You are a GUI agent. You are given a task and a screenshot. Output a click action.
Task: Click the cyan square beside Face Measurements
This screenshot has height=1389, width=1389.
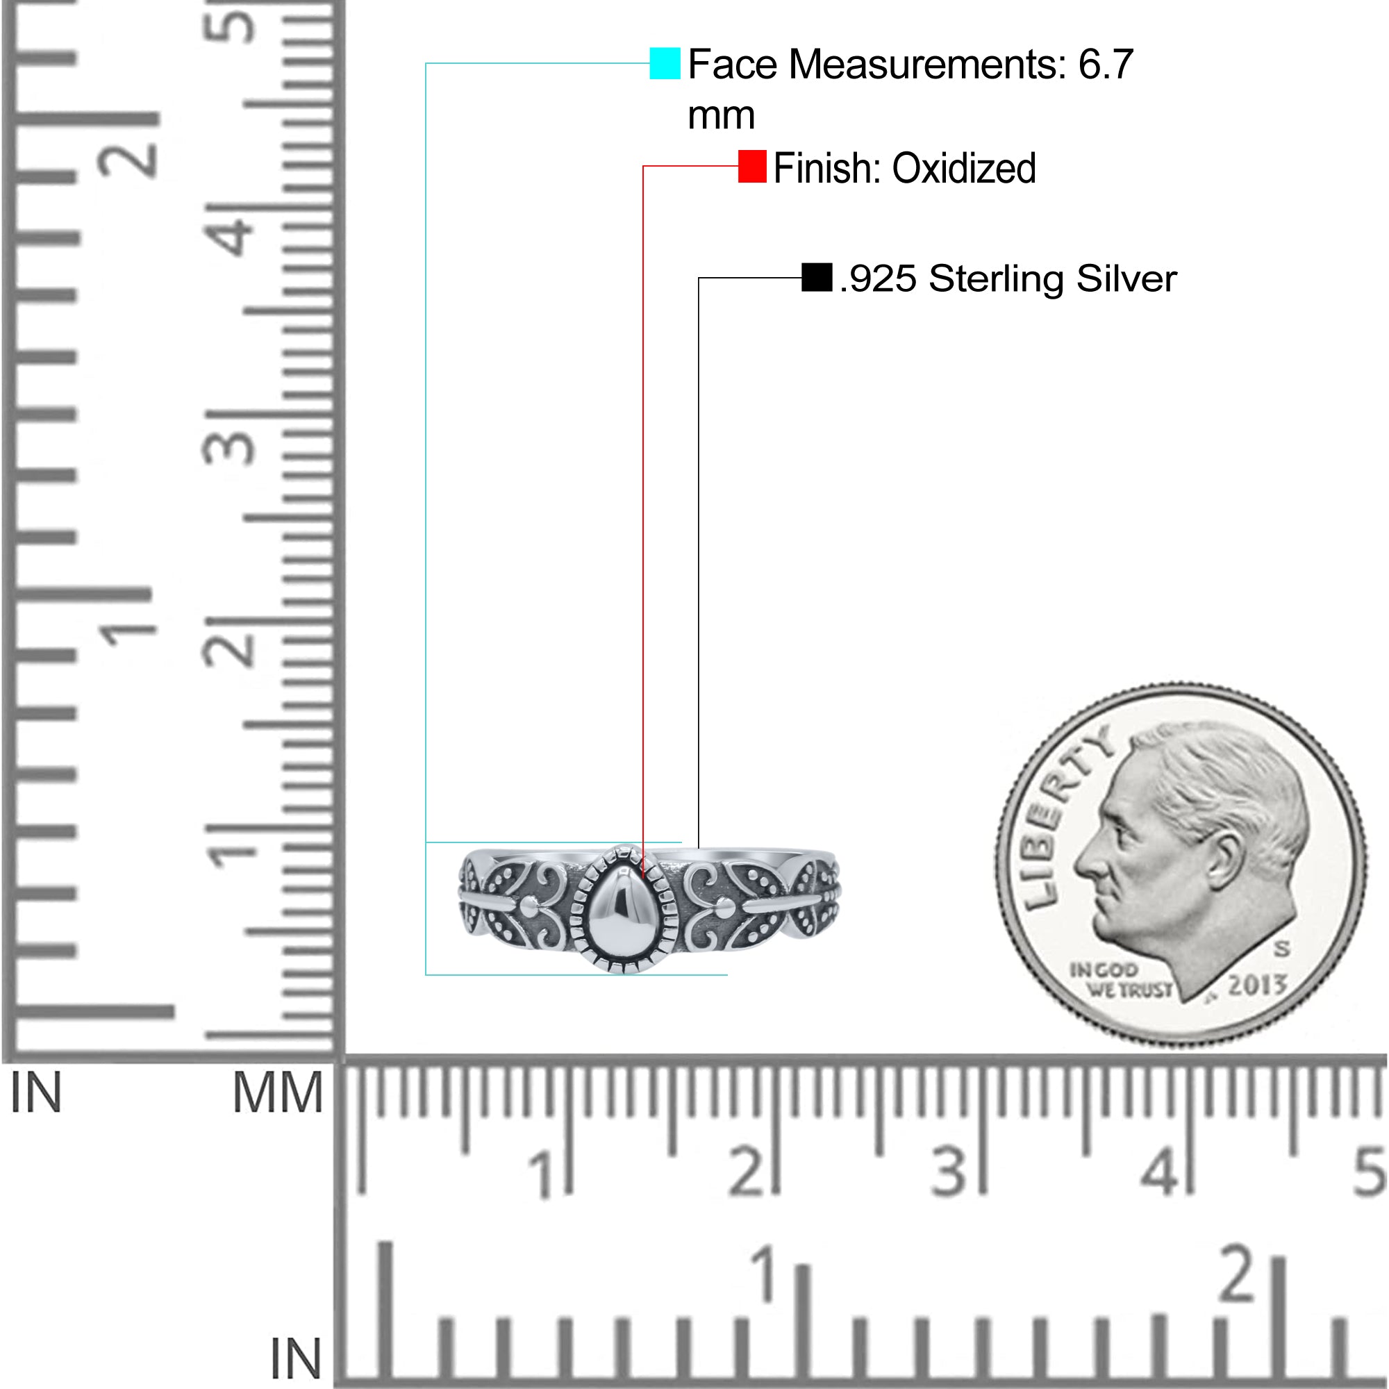(665, 63)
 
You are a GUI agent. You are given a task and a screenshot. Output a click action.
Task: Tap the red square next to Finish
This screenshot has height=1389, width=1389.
(752, 167)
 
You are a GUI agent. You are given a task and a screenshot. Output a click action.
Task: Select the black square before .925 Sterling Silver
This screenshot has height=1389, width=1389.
(817, 278)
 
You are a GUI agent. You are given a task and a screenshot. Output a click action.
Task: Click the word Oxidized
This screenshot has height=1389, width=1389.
(964, 168)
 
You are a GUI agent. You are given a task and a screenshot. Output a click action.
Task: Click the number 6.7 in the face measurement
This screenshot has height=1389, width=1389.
(1106, 65)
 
